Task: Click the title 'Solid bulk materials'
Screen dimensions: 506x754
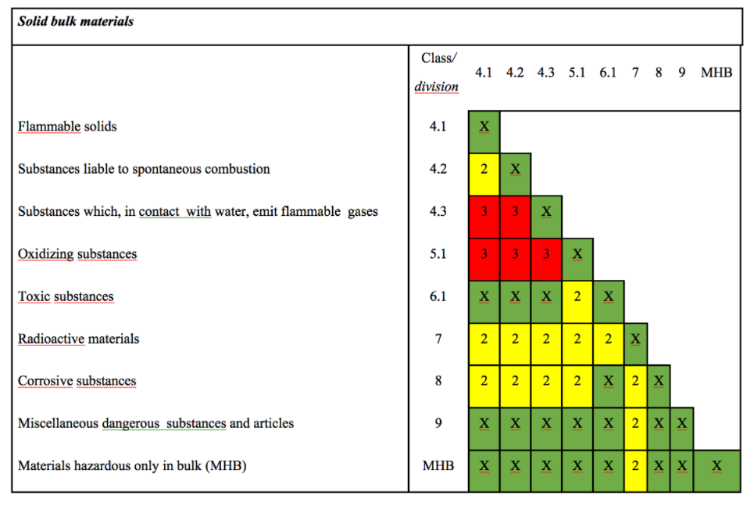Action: point(76,21)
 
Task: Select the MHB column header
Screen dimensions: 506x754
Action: point(716,73)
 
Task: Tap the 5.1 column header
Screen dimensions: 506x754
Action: point(577,73)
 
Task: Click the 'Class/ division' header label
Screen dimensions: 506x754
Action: point(438,72)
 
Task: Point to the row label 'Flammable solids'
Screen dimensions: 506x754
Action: point(67,127)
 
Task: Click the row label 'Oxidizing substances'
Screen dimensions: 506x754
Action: point(77,254)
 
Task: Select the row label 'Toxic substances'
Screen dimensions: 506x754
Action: point(66,296)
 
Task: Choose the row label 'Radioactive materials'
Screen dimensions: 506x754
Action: point(78,339)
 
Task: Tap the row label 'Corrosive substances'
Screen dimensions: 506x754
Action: point(77,381)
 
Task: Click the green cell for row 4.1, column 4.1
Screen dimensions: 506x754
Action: point(484,127)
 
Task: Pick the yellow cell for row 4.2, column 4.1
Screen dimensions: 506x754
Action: point(484,169)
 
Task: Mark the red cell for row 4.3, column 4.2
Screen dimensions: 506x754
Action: point(515,211)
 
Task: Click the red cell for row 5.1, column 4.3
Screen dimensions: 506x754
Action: point(546,254)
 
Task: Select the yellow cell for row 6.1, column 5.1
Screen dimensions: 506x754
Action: point(577,296)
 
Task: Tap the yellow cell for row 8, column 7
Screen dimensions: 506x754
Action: point(635,381)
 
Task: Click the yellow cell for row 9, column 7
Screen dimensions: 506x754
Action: point(635,423)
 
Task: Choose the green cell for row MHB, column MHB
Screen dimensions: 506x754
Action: point(716,466)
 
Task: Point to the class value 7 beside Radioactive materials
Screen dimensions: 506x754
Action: point(438,339)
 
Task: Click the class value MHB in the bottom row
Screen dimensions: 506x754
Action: point(438,466)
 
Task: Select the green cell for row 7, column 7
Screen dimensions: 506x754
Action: point(635,339)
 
